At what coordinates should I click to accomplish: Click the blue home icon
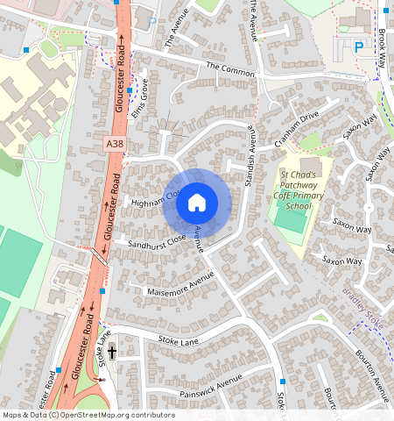click(x=197, y=203)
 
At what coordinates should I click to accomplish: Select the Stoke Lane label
click(x=179, y=339)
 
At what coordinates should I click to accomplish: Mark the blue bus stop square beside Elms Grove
click(x=130, y=89)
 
